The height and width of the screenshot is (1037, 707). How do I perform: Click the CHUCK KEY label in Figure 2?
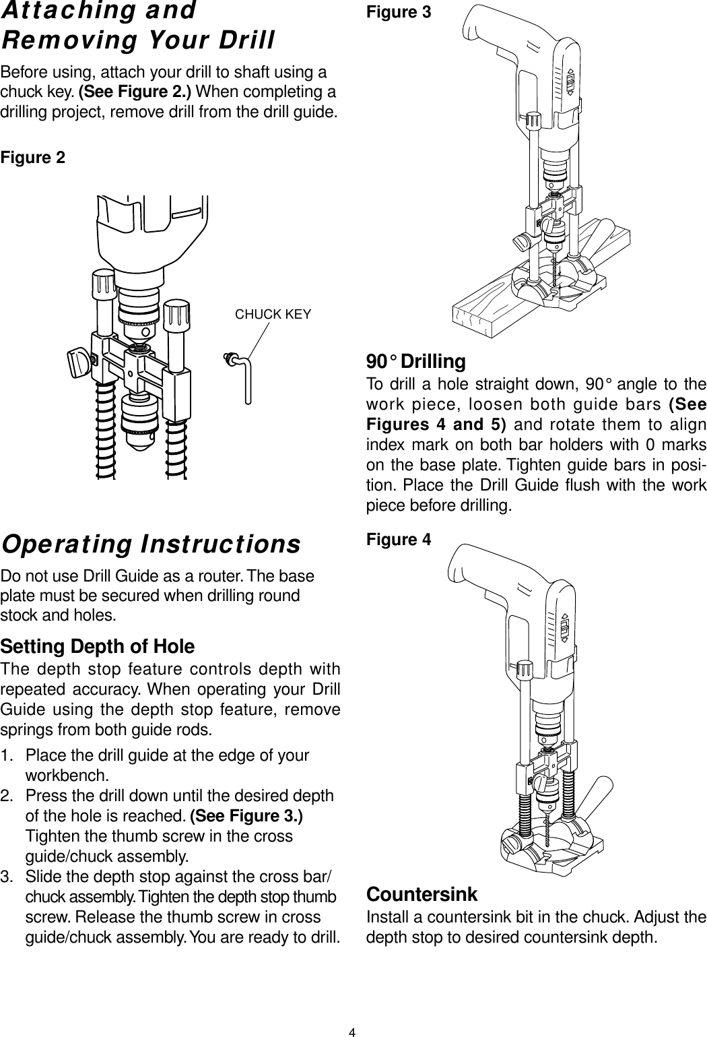[x=271, y=314]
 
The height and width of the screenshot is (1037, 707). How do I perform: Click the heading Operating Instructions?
[x=151, y=544]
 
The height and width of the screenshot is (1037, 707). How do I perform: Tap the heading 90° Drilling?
[x=415, y=362]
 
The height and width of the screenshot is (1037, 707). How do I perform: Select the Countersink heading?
[x=421, y=895]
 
